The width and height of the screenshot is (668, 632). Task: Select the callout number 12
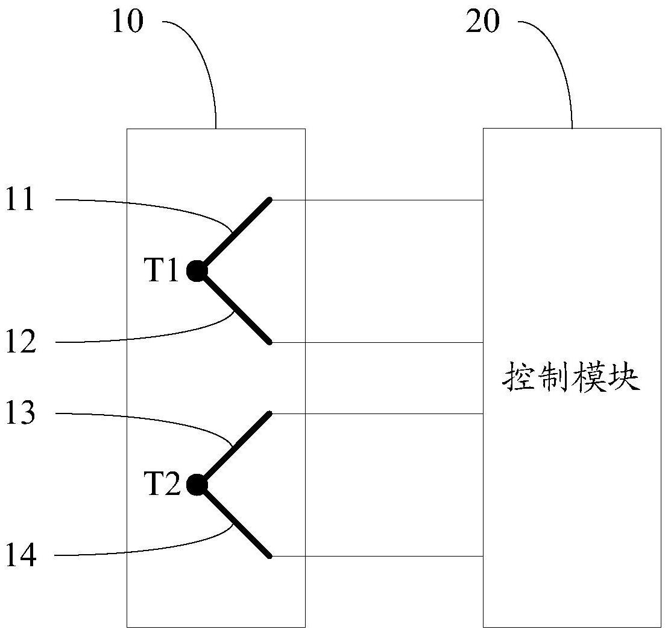[x=21, y=342]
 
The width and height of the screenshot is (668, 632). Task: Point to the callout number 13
[x=20, y=413]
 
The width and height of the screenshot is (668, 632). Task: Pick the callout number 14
[x=21, y=556]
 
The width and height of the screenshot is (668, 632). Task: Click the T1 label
[x=163, y=270]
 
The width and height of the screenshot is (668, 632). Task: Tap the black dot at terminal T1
[x=197, y=271]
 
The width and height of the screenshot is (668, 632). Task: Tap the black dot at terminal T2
[x=197, y=485]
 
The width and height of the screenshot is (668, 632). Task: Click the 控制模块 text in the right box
[x=572, y=378]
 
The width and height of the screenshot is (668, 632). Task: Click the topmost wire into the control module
[x=377, y=200]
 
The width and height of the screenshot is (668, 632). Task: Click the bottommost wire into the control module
[x=377, y=556]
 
